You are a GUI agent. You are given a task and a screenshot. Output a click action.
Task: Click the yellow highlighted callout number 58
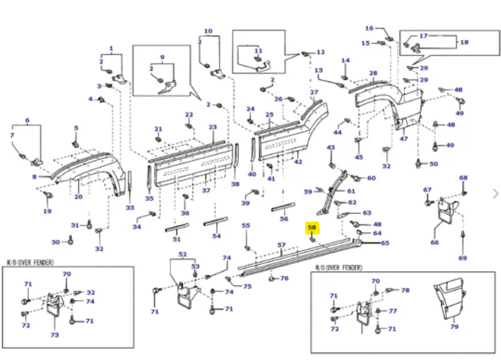(x=312, y=228)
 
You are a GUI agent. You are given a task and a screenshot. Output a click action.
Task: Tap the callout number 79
(x=454, y=326)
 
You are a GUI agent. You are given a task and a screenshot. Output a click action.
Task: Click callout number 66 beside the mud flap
(x=435, y=242)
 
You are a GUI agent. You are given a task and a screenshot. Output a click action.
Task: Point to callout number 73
(x=54, y=335)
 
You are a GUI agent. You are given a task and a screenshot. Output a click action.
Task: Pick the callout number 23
(x=213, y=127)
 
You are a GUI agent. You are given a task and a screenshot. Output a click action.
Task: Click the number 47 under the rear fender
(x=404, y=138)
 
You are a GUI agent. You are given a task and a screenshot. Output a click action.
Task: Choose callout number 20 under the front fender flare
(x=78, y=197)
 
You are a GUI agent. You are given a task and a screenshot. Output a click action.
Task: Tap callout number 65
(x=384, y=243)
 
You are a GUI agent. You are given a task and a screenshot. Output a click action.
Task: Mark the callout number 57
(x=282, y=246)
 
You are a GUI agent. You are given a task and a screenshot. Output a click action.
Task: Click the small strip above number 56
(x=283, y=206)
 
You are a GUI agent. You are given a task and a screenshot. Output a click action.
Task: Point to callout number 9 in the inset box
(x=162, y=57)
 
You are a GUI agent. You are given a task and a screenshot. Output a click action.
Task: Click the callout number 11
(x=258, y=51)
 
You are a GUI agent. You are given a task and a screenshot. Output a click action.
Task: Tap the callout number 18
(x=464, y=42)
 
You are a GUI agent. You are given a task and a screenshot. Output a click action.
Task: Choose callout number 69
(x=463, y=258)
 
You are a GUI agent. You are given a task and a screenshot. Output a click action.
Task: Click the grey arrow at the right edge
(x=496, y=193)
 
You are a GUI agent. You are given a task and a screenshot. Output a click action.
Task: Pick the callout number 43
(x=331, y=148)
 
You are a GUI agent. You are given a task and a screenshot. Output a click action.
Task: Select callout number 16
(x=369, y=28)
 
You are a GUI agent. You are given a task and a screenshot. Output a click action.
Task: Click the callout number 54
(x=216, y=236)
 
